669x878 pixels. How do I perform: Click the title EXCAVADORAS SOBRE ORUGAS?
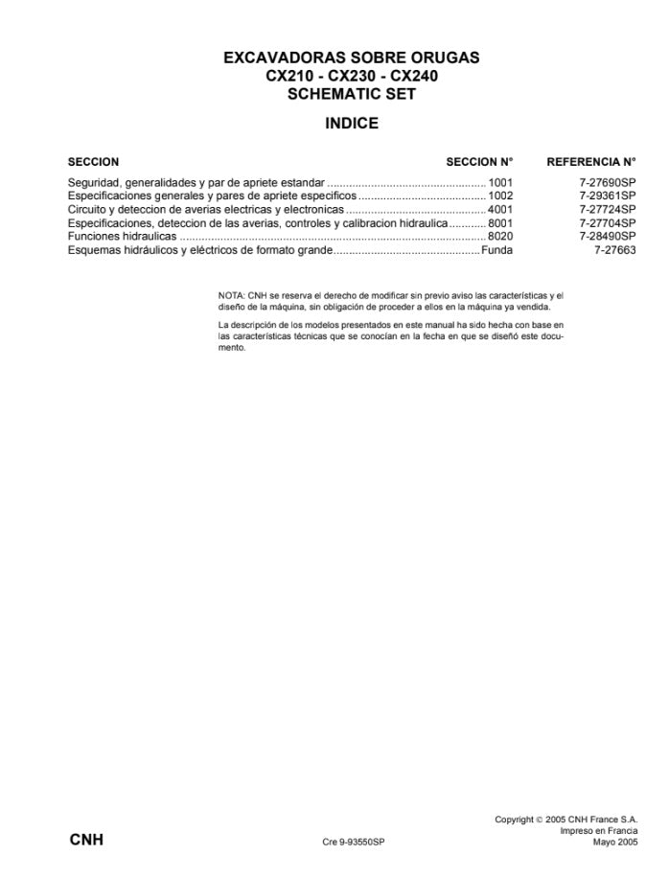(x=351, y=58)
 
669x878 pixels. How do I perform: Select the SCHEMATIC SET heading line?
(x=351, y=94)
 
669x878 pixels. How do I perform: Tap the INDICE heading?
(x=352, y=124)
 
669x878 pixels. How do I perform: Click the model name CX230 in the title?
(x=352, y=77)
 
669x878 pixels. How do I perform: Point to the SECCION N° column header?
(x=479, y=162)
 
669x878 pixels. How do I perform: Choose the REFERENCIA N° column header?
(x=590, y=162)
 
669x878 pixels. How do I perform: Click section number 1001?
(x=500, y=181)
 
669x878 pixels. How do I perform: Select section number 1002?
(x=500, y=195)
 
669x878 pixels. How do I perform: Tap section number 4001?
(x=500, y=209)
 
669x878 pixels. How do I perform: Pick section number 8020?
(x=500, y=236)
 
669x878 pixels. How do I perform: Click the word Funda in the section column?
(x=496, y=250)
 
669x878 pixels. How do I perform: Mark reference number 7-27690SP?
(x=607, y=181)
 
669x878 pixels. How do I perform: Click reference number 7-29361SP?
(x=607, y=195)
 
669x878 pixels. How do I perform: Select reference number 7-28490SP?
(x=607, y=236)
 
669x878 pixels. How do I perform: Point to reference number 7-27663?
(x=614, y=250)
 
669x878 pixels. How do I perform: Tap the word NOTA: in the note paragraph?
(x=232, y=296)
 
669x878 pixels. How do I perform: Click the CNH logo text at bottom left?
(x=86, y=840)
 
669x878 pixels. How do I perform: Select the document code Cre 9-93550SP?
(x=354, y=842)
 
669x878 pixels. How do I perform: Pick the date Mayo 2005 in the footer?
(x=614, y=842)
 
